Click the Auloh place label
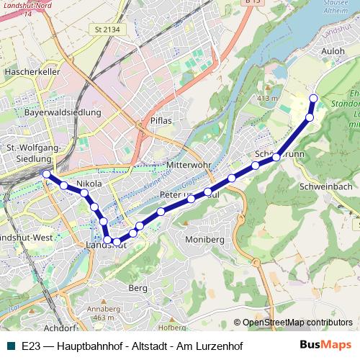coord(332,51)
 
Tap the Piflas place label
coord(161,120)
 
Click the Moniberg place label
coord(205,239)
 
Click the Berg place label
coord(138,287)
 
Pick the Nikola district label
coord(84,184)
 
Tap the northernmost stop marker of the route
coord(313,99)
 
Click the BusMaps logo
coord(325,346)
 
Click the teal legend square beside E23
coord(10,346)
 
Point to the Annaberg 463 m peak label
coord(103,313)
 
